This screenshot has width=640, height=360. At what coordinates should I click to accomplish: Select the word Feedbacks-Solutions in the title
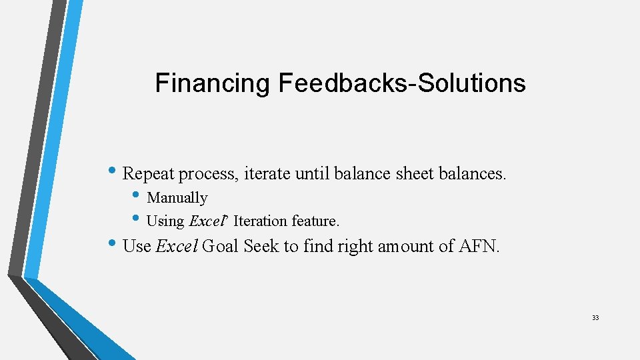[x=402, y=83]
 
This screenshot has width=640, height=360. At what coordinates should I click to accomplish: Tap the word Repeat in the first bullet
[x=148, y=174]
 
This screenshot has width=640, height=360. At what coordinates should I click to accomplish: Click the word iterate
[x=267, y=174]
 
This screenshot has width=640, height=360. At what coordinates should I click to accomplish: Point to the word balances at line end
[x=473, y=174]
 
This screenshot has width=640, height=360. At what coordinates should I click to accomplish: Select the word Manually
[x=177, y=198]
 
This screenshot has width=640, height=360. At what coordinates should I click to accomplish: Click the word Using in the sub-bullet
[x=165, y=221]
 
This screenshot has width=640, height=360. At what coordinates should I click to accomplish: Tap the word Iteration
[x=260, y=221]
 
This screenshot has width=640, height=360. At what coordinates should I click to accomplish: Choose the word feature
[x=315, y=221]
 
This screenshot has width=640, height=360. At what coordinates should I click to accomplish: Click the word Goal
[x=221, y=246]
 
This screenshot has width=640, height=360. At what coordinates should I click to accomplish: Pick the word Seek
[x=261, y=246]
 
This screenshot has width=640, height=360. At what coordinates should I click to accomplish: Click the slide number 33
[x=595, y=318]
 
